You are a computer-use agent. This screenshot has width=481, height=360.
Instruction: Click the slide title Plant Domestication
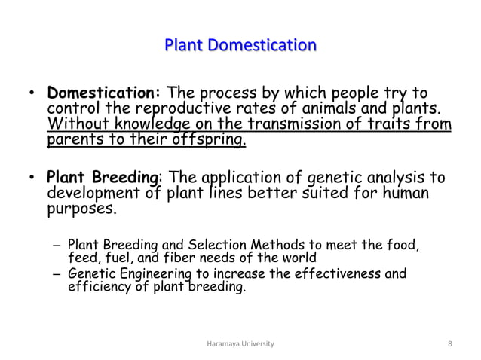(240, 45)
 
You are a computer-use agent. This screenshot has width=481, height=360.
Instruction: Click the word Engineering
(149, 273)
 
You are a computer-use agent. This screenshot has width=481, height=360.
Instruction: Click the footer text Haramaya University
(240, 343)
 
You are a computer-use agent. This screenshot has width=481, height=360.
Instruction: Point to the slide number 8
(449, 343)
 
